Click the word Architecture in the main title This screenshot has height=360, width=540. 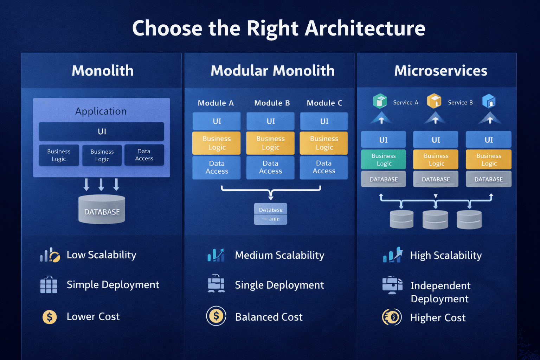point(365,28)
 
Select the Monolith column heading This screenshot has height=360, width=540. point(102,71)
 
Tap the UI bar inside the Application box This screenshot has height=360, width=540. point(102,131)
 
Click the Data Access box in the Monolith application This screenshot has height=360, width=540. point(144,155)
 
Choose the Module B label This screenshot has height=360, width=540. point(272,103)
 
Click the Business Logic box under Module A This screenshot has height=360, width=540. point(217,143)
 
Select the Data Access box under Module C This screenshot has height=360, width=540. point(324,167)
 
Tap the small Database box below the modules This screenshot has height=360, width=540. point(270,210)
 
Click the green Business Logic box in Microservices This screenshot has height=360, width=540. point(384,160)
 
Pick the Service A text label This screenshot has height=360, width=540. point(405,103)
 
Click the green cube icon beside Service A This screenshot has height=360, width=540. point(380,101)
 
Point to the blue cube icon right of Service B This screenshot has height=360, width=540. point(489,101)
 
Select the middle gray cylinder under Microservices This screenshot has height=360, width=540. point(435,219)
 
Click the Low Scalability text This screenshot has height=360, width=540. point(101,255)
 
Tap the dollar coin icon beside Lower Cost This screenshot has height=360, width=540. point(50,317)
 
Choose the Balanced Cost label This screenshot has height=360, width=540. point(269,317)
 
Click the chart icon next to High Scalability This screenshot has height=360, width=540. point(392,255)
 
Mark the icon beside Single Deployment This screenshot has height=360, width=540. point(216,284)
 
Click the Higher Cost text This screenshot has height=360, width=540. point(438,318)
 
